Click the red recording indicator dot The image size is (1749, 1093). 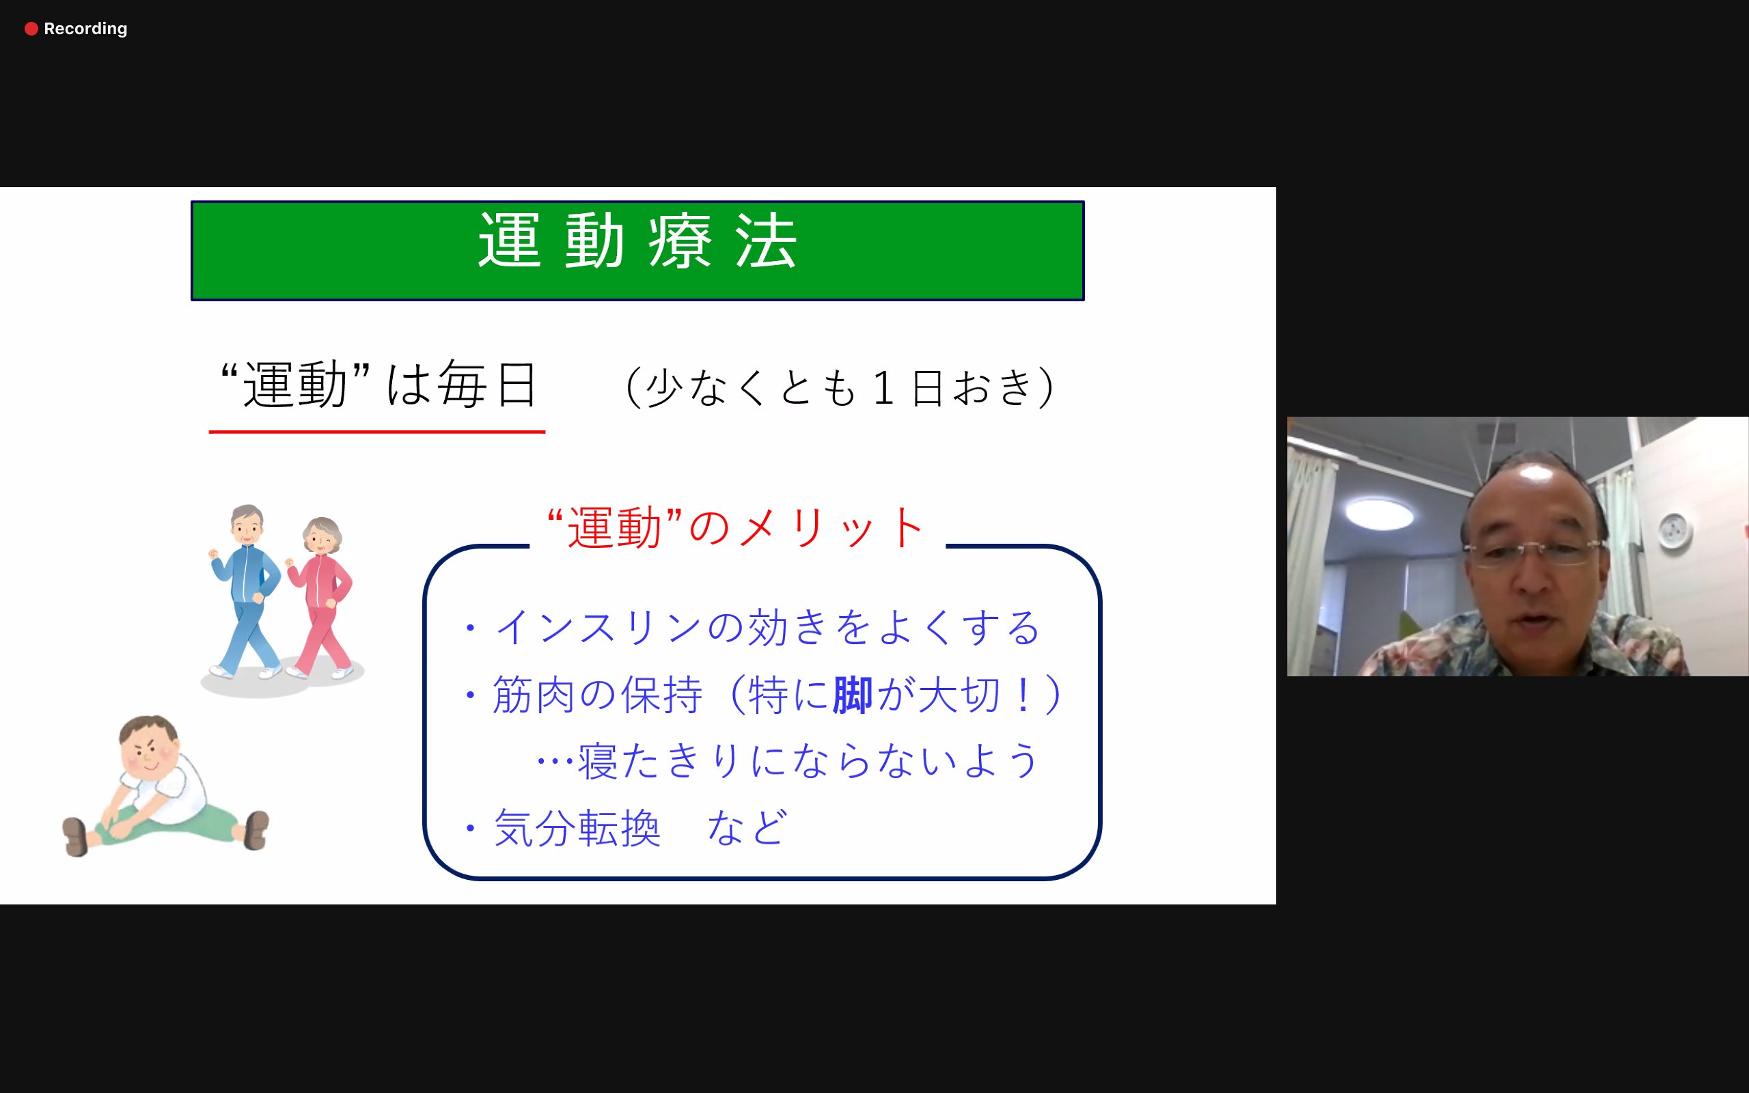31,29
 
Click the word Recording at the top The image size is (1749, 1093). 85,29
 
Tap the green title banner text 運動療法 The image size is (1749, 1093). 637,241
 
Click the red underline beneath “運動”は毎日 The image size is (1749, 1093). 376,432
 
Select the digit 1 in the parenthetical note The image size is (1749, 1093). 883,387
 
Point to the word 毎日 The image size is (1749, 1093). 487,384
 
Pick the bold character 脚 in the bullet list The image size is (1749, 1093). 853,695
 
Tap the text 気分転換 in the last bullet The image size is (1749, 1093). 577,828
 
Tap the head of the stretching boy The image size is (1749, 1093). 149,744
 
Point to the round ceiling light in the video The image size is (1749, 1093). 1379,514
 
